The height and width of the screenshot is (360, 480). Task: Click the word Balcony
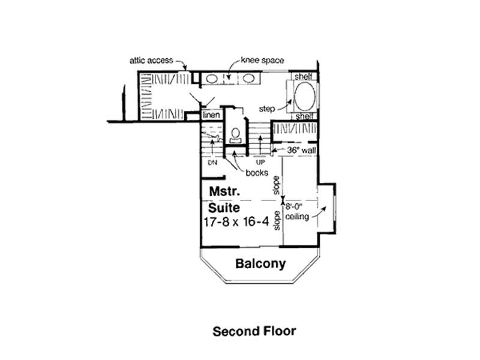260,263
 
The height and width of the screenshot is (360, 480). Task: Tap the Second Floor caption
254,331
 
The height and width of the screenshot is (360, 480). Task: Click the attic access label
151,61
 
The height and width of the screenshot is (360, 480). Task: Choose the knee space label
262,61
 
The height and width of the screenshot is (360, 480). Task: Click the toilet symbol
236,133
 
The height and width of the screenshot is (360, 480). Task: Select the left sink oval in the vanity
212,78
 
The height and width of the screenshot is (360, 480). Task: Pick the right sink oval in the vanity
248,78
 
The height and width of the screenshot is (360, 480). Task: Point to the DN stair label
212,163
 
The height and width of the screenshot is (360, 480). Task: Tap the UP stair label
260,163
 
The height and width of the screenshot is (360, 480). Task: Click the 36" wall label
301,151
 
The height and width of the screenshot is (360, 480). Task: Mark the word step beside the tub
266,109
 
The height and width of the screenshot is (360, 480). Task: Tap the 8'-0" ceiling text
298,211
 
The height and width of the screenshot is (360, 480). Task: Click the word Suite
224,208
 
